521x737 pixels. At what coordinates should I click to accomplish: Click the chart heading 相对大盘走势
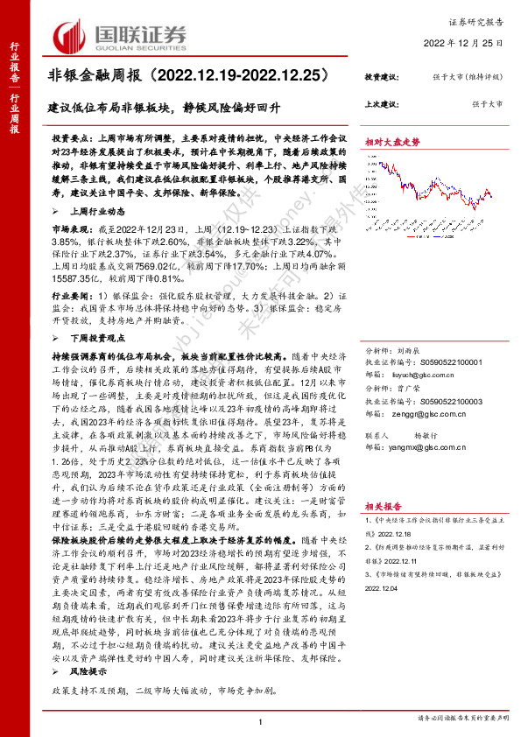[392, 140]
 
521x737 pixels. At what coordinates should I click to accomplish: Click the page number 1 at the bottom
[260, 720]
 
